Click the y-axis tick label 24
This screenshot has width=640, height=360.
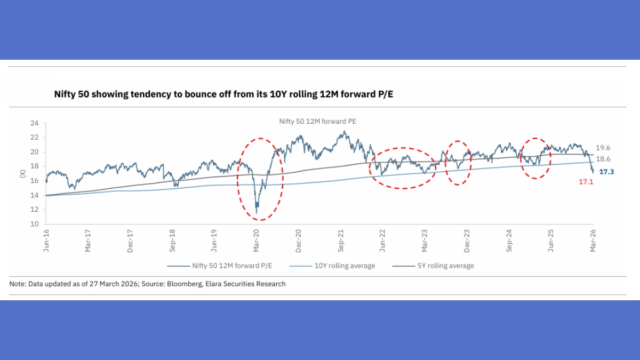(x=35, y=123)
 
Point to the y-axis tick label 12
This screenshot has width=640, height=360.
(x=35, y=210)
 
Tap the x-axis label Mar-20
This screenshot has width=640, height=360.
(x=256, y=241)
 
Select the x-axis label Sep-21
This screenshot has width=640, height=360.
(x=341, y=241)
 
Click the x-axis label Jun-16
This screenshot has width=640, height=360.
(x=46, y=241)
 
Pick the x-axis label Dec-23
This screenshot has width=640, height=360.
(x=467, y=241)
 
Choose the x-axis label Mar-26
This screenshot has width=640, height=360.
(x=593, y=241)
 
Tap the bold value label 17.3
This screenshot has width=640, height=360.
(x=607, y=172)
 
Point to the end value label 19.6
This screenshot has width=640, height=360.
(x=603, y=148)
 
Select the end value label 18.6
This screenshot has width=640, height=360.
(x=603, y=159)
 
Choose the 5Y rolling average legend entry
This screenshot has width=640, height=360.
(x=433, y=266)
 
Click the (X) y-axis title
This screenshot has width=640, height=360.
(x=22, y=173)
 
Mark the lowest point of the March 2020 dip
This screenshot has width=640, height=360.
(x=257, y=213)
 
